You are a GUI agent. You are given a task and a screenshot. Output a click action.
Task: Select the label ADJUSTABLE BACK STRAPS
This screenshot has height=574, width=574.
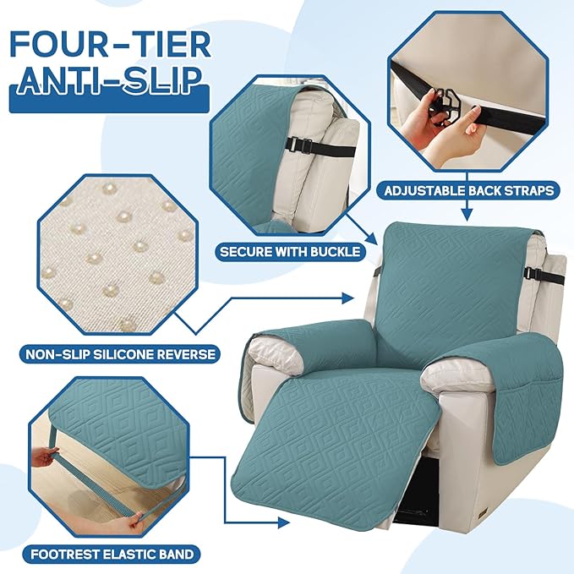pos(472,190)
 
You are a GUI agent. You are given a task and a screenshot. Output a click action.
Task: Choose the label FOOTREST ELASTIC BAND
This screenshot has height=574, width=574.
pos(110,555)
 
